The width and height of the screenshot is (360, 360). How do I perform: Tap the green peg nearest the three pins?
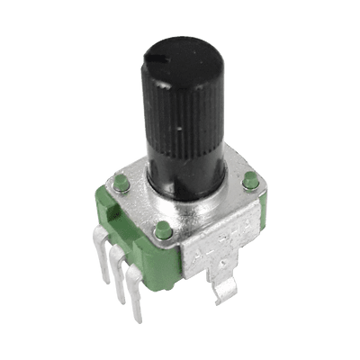pos(119,185)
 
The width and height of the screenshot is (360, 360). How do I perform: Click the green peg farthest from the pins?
pos(250,184)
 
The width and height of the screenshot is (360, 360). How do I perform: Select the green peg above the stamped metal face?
pos(163,231)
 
